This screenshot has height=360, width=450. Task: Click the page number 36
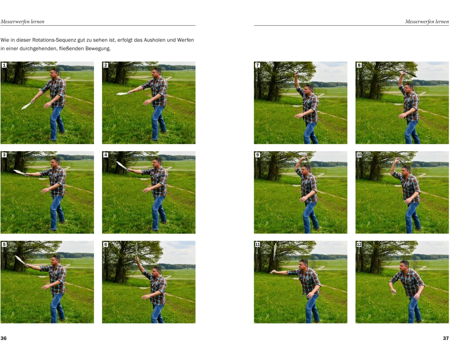[x=4, y=338]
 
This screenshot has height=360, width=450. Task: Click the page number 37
[x=445, y=338]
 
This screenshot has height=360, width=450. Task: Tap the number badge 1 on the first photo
[x=4, y=65]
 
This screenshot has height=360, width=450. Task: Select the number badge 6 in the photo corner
[x=106, y=244]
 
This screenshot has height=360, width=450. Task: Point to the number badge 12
[x=359, y=244]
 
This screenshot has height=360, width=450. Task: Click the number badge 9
[x=257, y=155]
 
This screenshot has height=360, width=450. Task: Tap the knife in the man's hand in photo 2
[x=122, y=93]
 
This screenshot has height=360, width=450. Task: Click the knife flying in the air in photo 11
[x=275, y=251]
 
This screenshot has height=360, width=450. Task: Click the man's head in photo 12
[x=405, y=265]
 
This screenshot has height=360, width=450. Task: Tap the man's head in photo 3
[x=55, y=162]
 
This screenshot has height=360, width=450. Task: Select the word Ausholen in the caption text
[x=154, y=40]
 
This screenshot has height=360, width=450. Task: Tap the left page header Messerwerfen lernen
[x=22, y=22]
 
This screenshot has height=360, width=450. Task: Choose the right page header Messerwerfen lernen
[x=427, y=22]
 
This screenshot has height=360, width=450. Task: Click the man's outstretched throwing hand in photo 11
[x=273, y=271]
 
